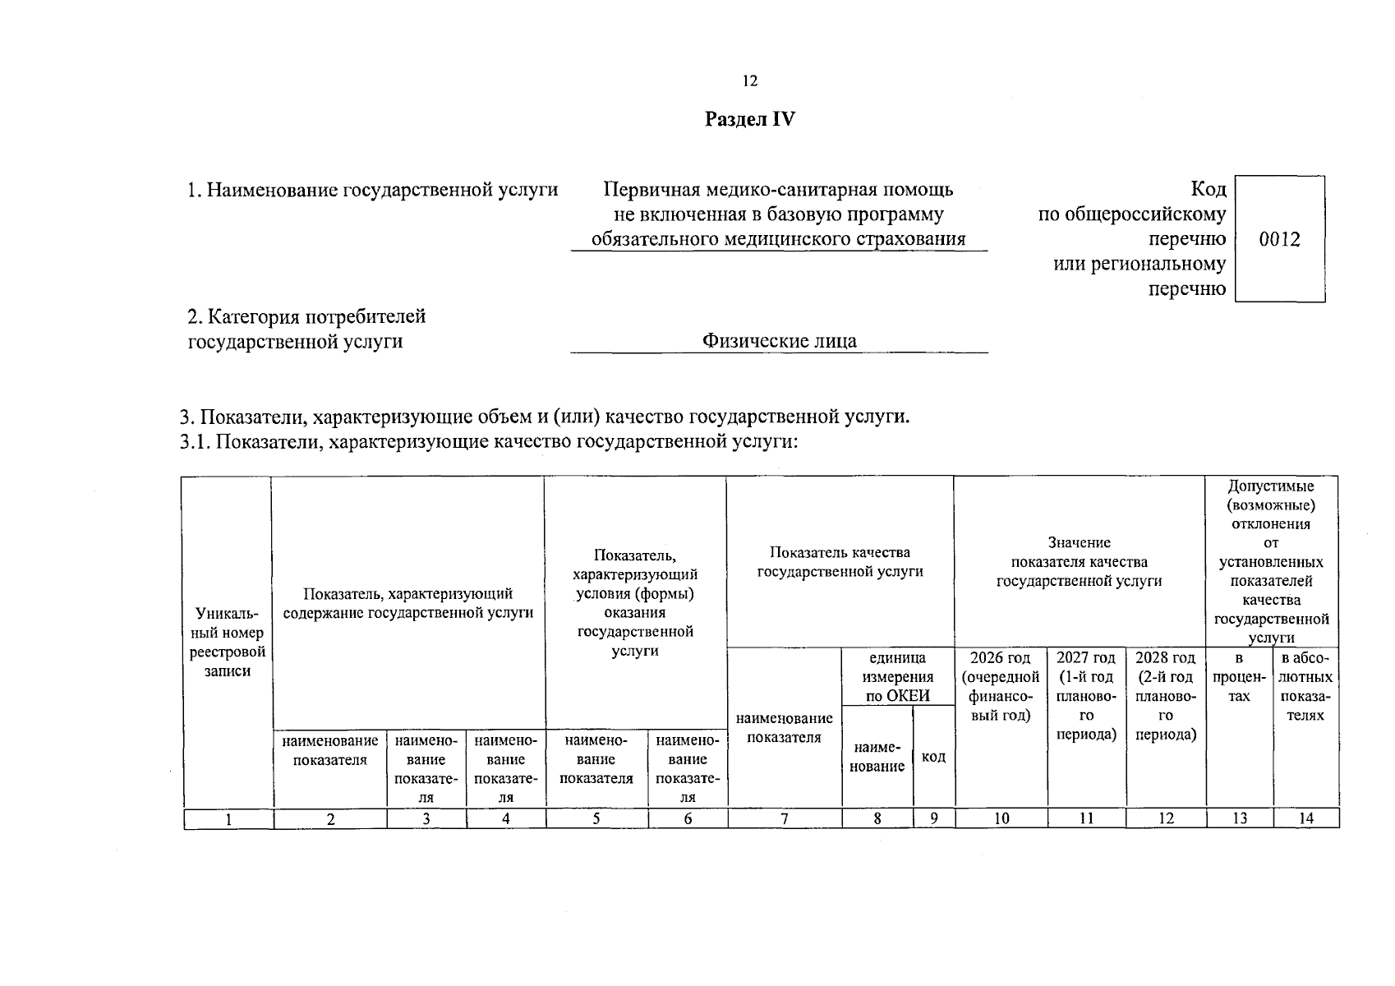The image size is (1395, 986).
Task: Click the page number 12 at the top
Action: (749, 81)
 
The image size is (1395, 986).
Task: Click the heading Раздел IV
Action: (750, 120)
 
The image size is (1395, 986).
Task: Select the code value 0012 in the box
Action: (1279, 240)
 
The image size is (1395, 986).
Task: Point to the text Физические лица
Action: (779, 341)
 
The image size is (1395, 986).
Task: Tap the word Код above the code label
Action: (1208, 190)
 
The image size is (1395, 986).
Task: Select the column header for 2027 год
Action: (1086, 696)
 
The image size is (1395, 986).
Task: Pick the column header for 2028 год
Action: (1165, 696)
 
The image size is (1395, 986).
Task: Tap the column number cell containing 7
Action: (785, 818)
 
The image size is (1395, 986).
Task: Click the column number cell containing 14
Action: (1305, 818)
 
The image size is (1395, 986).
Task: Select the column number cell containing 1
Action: (228, 818)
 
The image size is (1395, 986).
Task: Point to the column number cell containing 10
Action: (1001, 818)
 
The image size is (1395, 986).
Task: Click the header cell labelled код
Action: (933, 757)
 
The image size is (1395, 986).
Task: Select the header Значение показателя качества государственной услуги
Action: (1079, 562)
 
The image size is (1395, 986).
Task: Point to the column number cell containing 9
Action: (934, 818)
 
